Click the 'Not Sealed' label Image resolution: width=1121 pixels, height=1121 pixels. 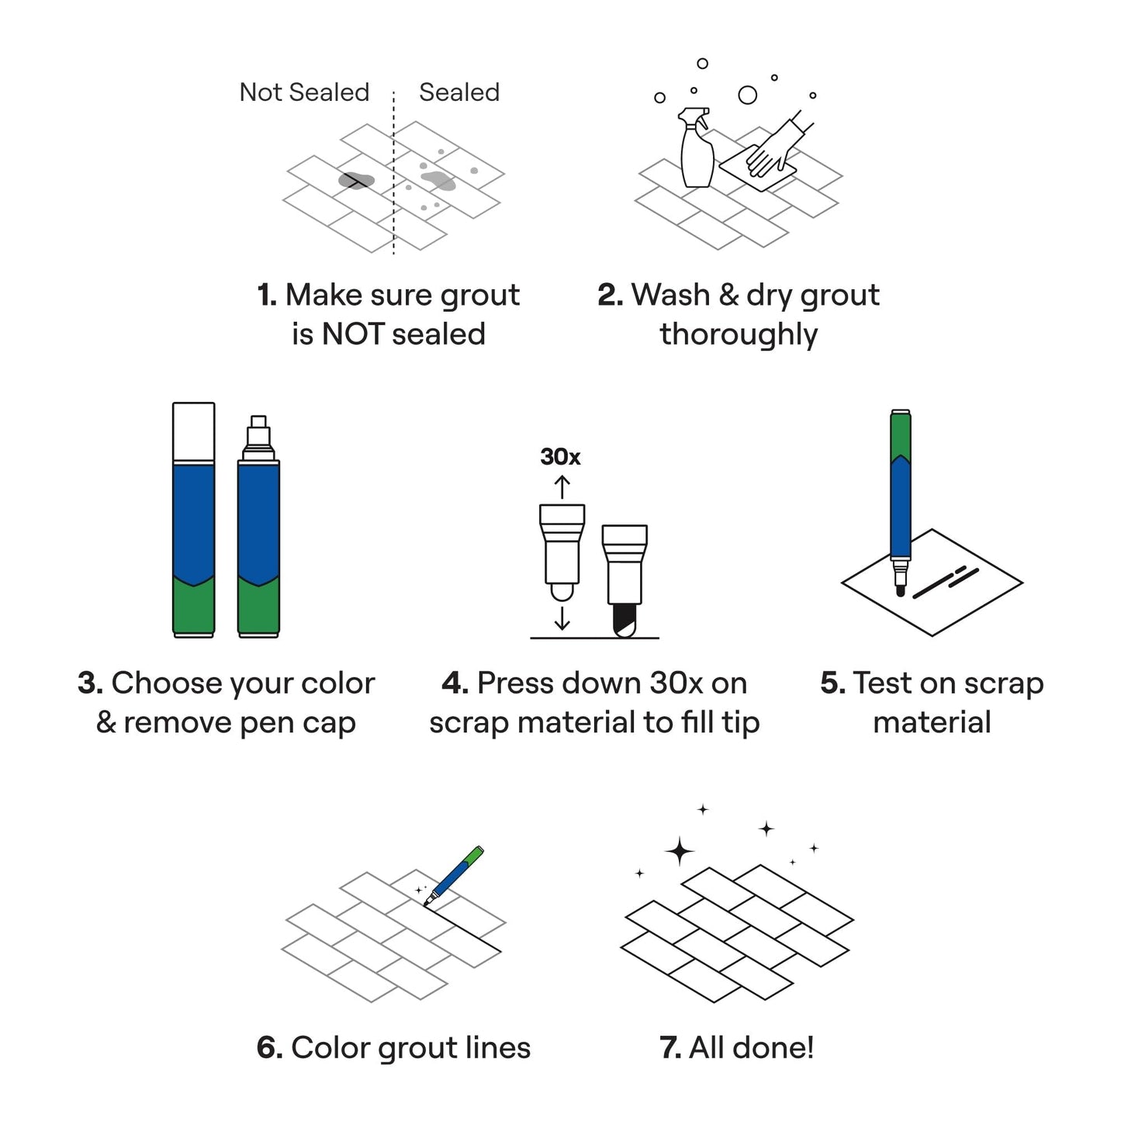click(304, 92)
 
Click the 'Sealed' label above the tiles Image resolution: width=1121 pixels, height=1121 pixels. click(459, 92)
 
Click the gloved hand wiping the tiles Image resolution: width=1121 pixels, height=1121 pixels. click(772, 148)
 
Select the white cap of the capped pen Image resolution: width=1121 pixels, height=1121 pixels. click(193, 431)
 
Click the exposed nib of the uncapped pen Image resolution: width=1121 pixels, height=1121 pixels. click(258, 434)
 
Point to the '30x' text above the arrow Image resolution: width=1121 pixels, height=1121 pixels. click(560, 457)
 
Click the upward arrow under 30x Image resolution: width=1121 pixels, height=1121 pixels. click(562, 487)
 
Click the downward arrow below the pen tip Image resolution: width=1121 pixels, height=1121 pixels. click(562, 618)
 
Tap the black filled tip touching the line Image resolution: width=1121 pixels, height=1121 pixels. click(625, 621)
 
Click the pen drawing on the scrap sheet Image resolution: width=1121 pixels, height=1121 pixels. click(900, 496)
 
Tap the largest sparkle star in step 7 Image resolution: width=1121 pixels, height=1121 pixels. click(680, 852)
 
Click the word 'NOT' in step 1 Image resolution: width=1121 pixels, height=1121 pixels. click(353, 334)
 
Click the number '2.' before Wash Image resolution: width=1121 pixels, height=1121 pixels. click(610, 296)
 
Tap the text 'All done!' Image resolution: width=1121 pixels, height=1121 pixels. click(751, 1047)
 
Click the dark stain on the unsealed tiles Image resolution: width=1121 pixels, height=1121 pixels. click(356, 181)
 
